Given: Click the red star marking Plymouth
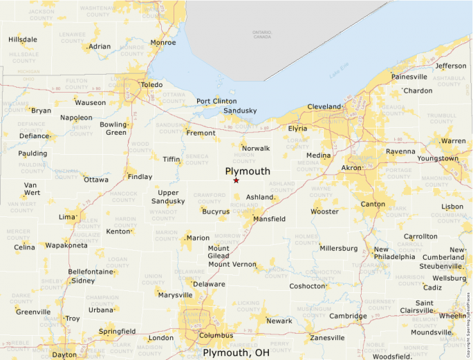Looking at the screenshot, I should (236, 180).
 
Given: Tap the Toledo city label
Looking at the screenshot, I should (151, 85).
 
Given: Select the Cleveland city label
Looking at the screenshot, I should (324, 107).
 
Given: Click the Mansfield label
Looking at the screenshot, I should (269, 219).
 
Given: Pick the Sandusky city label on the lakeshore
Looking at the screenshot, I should (240, 111).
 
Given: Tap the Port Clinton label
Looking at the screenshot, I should (216, 102).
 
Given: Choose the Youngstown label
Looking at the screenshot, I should (438, 158).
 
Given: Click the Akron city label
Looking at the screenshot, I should (351, 168).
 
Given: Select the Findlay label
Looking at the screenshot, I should (140, 177).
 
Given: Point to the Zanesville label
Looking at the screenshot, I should (327, 338).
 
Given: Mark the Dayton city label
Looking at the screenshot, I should (64, 354).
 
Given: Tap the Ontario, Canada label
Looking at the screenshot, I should (262, 35).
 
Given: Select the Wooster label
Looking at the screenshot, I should (324, 211).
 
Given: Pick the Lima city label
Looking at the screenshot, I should (67, 217).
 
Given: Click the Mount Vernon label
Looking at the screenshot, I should (232, 264).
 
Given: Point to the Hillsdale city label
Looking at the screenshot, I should (23, 39).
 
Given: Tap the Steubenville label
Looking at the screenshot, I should (440, 266).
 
